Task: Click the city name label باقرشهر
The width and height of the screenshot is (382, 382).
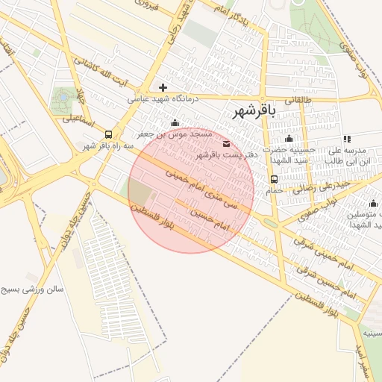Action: [254, 112]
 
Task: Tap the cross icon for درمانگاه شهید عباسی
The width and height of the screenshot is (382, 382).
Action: [163, 87]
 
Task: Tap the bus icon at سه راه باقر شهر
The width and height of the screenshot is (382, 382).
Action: [110, 135]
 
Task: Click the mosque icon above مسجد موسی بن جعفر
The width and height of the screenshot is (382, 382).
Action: [175, 123]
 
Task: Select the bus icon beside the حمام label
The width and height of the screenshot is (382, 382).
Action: [274, 179]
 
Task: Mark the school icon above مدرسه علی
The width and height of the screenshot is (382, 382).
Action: [347, 139]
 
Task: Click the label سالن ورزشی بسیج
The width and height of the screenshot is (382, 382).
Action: [34, 289]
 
